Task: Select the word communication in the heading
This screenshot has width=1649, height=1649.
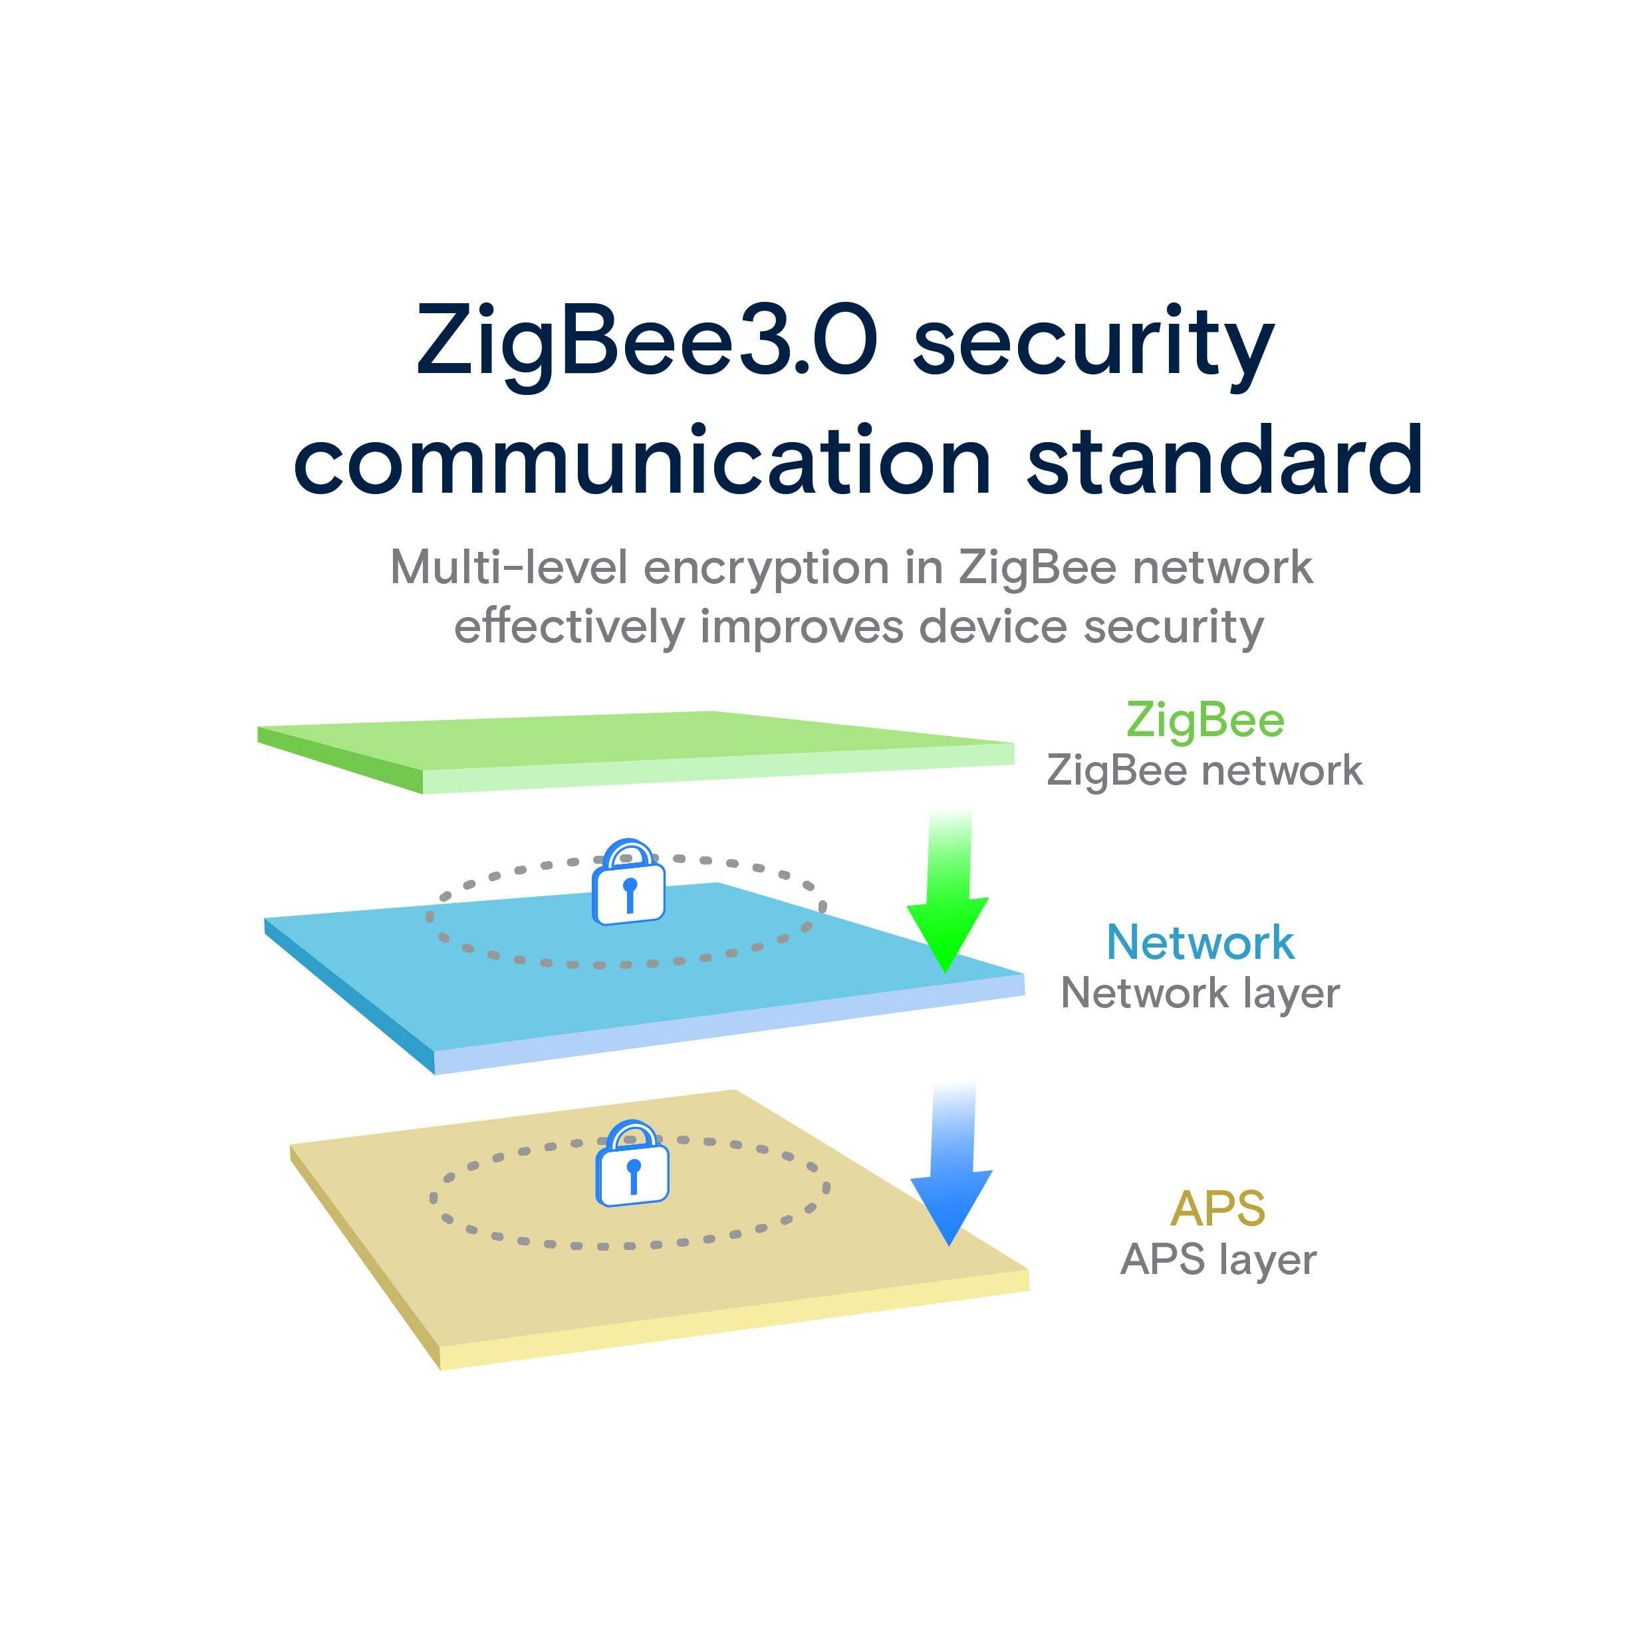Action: coord(642,460)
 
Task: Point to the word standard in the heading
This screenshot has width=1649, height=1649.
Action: coord(1225,460)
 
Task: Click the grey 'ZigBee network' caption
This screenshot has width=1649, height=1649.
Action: coord(1204,771)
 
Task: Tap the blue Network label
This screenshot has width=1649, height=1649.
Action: coord(1200,942)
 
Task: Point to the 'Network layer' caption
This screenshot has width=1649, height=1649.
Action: coord(1200,994)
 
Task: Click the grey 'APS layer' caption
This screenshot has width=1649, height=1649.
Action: coord(1218,1260)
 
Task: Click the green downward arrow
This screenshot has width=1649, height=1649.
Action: coord(948,892)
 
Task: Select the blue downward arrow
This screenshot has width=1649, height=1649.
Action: coord(951,1165)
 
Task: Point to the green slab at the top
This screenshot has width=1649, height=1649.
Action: coord(635,751)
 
